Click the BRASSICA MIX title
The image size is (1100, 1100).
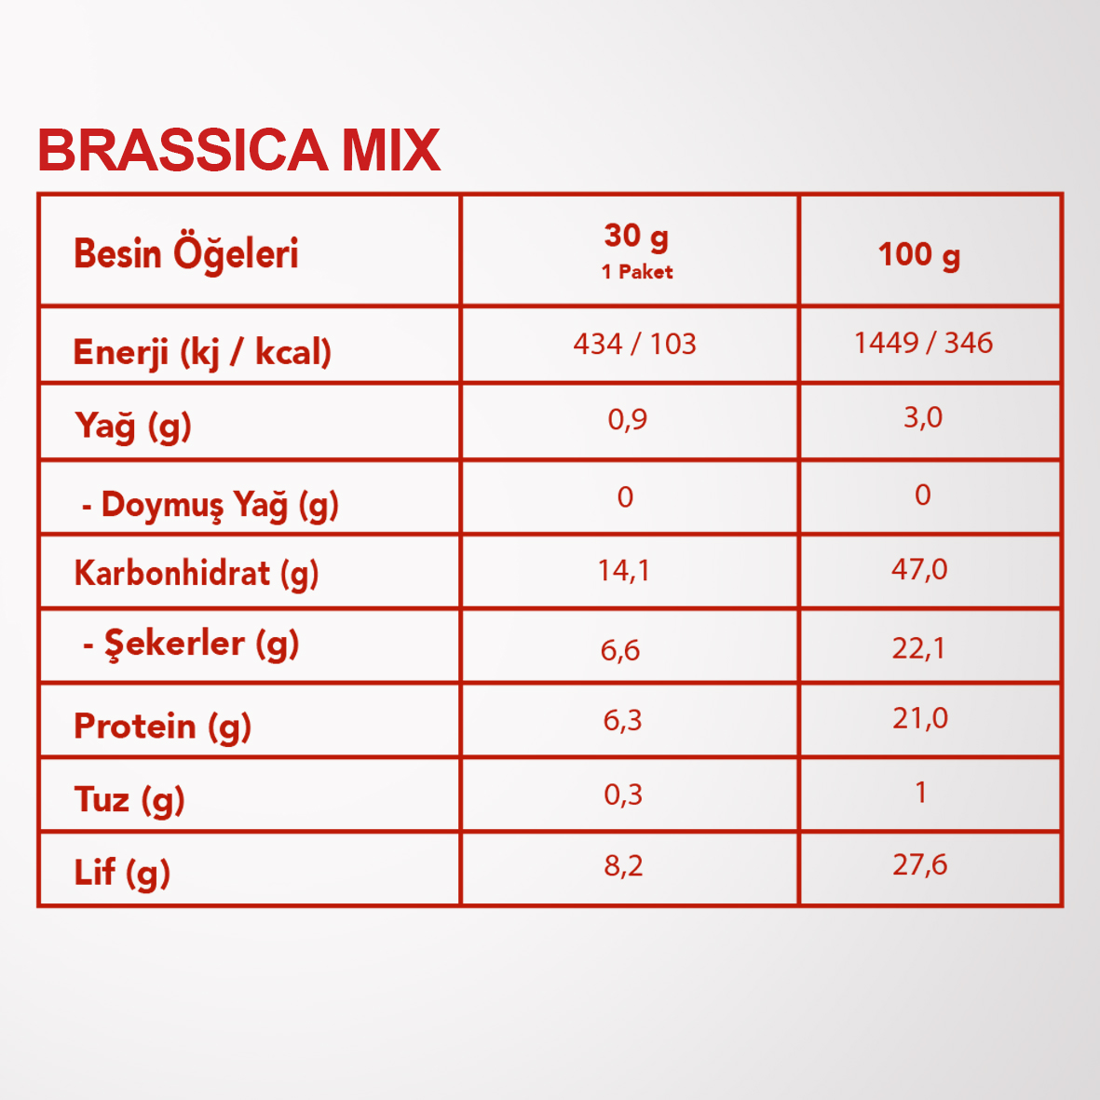pos(238,150)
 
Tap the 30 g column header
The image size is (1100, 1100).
pos(636,238)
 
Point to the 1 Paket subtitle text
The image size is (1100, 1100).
pos(637,272)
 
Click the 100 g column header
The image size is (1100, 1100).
pos(919,254)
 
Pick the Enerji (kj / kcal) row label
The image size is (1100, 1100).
pos(202,352)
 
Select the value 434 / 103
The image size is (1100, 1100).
pos(635,344)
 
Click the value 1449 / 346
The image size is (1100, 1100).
pos(923,343)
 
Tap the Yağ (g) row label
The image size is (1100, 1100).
pos(132,426)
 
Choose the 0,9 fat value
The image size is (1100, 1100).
pos(627,419)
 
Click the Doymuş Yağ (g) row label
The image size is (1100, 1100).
pos(210,505)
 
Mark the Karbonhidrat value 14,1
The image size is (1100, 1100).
pos(623,570)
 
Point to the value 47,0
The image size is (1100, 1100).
pos(919,569)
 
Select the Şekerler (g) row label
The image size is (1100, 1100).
pos(191,644)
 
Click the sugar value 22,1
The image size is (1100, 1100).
pos(918,648)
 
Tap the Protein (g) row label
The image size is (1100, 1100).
pos(162,726)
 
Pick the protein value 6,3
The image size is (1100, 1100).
pos(622,721)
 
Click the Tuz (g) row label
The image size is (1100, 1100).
pos(129,800)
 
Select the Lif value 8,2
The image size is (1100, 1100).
pos(623,865)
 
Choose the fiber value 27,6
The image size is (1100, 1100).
pos(919,864)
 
